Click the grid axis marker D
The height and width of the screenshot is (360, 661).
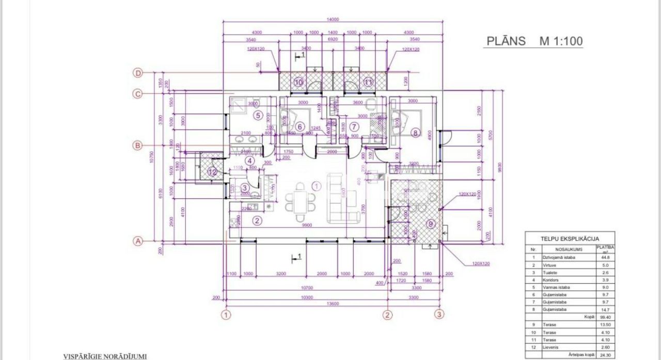(x=138, y=73)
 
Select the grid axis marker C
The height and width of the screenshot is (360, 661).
(x=138, y=94)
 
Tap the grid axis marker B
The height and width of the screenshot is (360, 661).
(x=138, y=146)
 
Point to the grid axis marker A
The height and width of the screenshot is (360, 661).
(x=138, y=241)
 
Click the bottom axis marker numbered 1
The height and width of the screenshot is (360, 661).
(x=225, y=314)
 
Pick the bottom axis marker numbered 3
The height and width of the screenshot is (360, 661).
(x=439, y=314)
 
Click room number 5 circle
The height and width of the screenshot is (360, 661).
(x=258, y=115)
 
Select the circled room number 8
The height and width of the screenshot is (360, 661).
(x=415, y=133)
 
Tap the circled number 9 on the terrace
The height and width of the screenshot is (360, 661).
(x=431, y=224)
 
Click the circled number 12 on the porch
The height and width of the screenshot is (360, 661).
(x=212, y=172)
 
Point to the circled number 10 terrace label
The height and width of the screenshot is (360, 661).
(x=298, y=82)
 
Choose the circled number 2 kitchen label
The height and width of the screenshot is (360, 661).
(x=257, y=221)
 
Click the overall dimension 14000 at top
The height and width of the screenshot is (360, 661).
(x=333, y=20)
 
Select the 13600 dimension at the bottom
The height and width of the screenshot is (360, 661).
(x=333, y=304)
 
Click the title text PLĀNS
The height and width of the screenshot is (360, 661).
(x=507, y=41)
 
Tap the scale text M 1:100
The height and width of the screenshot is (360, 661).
(x=561, y=41)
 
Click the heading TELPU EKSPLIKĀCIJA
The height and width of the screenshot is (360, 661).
(x=570, y=239)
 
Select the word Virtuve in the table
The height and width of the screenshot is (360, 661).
(x=550, y=264)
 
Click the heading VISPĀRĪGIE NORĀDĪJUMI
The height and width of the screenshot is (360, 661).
(x=105, y=356)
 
